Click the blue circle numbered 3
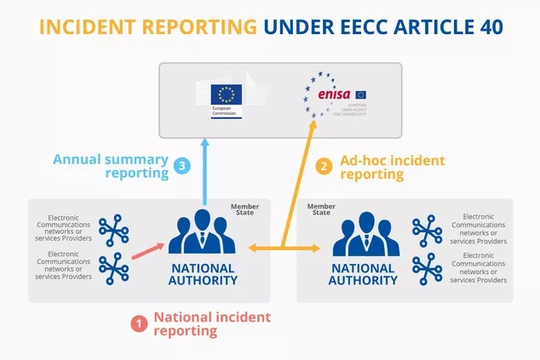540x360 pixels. (182, 166)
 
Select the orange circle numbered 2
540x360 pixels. (322, 166)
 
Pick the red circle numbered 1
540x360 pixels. (136, 324)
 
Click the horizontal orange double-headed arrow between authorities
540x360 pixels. (284, 249)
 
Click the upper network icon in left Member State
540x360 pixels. (114, 231)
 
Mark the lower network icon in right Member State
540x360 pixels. (427, 268)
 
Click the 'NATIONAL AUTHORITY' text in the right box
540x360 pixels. (363, 274)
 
